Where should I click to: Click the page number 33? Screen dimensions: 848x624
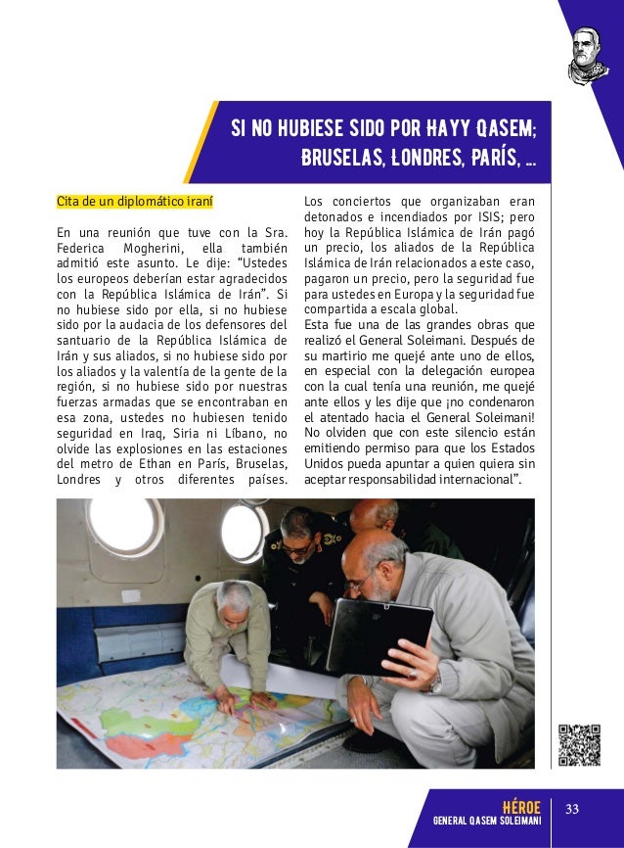coord(573,807)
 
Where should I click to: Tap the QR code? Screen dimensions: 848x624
coord(578,744)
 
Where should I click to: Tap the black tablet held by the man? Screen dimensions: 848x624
coord(379,636)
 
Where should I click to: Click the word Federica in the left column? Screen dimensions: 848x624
coord(80,249)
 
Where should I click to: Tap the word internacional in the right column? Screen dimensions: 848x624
coord(479,478)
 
